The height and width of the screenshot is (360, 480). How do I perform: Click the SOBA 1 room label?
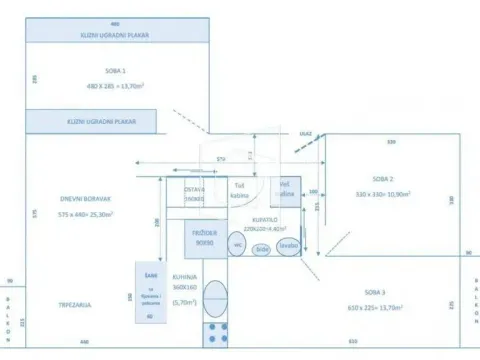115,72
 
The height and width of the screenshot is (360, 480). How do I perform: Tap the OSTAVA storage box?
195,193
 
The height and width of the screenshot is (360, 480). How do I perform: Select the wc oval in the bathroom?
238,244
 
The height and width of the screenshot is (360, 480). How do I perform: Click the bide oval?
262,248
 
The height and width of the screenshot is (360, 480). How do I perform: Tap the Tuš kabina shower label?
240,190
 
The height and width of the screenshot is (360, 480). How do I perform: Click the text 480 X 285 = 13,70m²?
115,87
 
